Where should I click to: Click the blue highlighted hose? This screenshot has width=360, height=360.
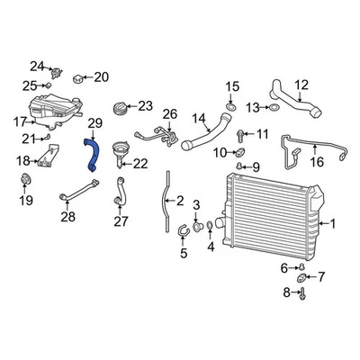pos(91,152)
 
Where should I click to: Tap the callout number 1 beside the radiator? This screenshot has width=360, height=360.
pos(333,224)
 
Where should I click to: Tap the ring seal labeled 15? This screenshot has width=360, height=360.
pos(231,109)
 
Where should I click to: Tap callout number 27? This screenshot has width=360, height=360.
pos(120,220)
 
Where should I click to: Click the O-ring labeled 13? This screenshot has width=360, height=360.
pos(274,108)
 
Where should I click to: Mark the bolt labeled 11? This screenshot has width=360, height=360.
pos(240,136)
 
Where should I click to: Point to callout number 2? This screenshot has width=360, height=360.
pos(180,202)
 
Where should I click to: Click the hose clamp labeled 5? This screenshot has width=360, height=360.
pos(183,231)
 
